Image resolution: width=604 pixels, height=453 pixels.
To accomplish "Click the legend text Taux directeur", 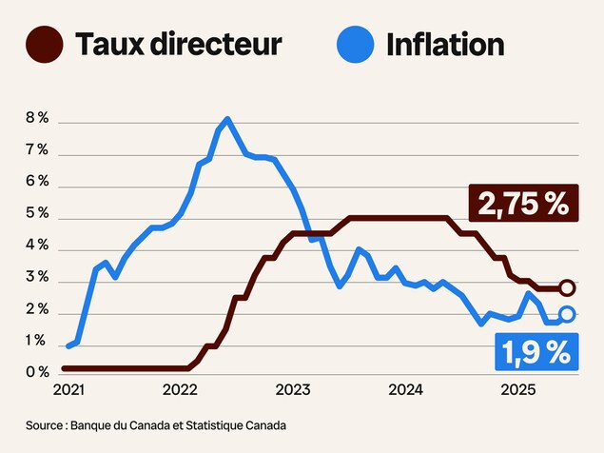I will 178,43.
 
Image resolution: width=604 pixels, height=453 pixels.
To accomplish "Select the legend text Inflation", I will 444,43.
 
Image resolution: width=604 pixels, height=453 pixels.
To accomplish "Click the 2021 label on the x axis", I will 68,390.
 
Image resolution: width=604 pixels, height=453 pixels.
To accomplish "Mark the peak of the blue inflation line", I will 227,120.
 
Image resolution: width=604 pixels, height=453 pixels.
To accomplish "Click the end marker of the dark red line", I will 567,287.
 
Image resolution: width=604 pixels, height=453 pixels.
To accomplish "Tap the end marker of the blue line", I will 567,314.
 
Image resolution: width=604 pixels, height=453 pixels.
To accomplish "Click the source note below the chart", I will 156,425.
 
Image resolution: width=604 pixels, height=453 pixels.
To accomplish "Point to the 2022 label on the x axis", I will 180,390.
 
